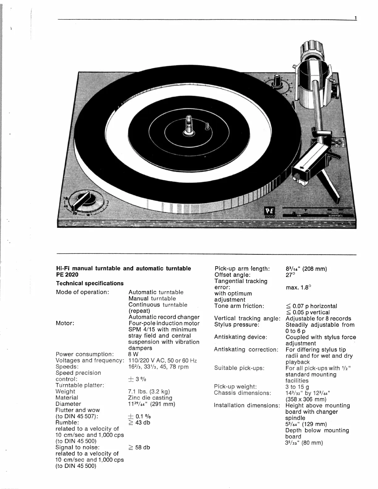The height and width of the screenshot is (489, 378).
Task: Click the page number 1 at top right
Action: pos(355,18)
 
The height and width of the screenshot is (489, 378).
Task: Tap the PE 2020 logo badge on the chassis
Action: pos(268,212)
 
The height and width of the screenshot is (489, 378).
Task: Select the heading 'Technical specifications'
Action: pos(90,283)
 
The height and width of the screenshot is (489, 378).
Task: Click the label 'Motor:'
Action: pos(65,323)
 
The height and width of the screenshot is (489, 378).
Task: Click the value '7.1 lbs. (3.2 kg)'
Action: pos(149,391)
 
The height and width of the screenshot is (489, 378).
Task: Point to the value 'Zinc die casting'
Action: pos(150,398)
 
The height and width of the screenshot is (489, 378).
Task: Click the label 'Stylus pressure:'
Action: pos(237,324)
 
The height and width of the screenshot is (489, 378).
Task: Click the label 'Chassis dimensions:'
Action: pos(242,393)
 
